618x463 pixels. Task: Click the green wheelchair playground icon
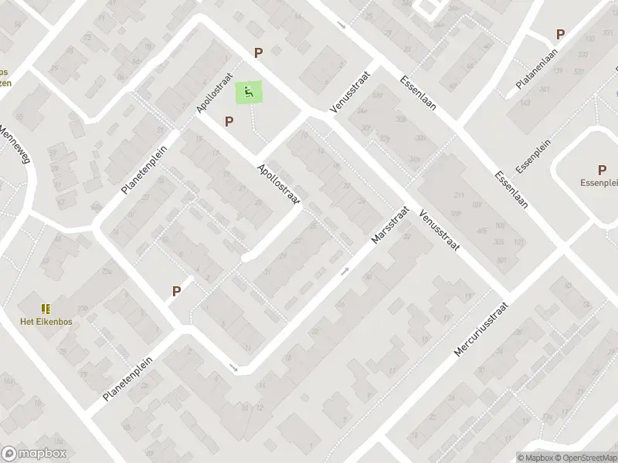[248, 93]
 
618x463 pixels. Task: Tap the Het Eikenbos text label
[46, 321]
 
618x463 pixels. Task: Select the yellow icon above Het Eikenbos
[46, 309]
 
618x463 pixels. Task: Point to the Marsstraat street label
[388, 225]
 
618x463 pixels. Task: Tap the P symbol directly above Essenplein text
[602, 170]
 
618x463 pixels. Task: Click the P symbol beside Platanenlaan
[560, 35]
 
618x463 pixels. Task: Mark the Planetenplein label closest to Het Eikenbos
[127, 379]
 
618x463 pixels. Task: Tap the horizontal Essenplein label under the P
[600, 183]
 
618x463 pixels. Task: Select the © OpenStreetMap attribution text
[585, 458]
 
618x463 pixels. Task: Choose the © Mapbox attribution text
[535, 458]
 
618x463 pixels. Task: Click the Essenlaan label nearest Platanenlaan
[419, 93]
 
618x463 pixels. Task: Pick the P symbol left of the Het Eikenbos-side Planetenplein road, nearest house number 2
[176, 291]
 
